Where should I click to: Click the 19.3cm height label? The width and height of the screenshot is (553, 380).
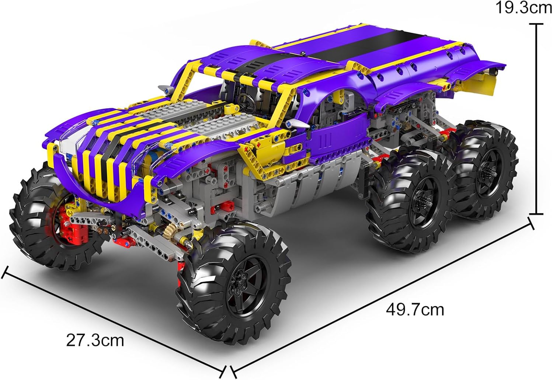click(524, 8)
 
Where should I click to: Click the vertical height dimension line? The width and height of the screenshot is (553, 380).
click(536, 119)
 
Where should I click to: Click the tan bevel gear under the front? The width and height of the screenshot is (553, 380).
click(170, 231)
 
